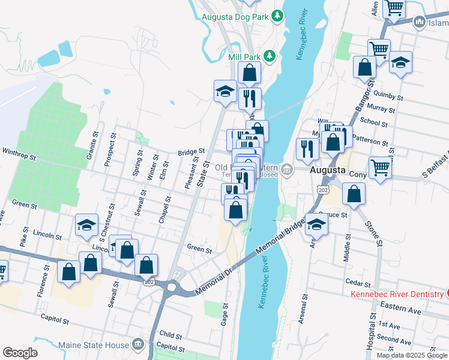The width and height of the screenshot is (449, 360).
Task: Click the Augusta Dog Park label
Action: tap(235, 17)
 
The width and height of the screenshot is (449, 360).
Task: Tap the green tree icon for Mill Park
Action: tap(270, 56)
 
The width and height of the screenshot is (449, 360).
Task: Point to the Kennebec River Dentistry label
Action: tap(396, 294)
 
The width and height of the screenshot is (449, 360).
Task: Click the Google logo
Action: tap(20, 353)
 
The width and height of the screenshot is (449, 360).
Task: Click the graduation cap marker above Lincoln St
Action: tap(87, 226)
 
